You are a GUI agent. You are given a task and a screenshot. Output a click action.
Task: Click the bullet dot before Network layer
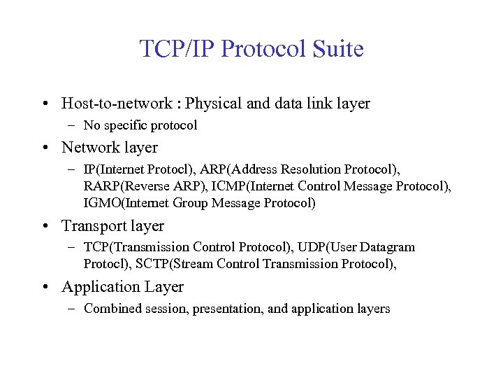coord(44,148)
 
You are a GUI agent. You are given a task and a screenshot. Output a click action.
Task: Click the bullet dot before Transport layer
coord(44,226)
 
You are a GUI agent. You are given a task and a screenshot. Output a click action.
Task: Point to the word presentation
coord(229,309)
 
